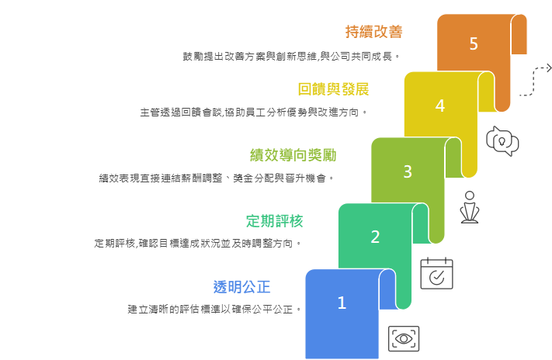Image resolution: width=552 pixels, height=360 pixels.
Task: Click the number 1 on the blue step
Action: [342, 303]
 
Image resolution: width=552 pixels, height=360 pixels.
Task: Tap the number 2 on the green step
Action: [375, 237]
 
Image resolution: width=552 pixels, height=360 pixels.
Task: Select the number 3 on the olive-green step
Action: [408, 171]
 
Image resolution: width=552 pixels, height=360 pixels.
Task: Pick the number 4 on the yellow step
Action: [440, 106]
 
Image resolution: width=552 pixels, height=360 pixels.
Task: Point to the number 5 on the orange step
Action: [474, 43]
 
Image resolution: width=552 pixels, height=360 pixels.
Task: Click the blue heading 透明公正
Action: [241, 287]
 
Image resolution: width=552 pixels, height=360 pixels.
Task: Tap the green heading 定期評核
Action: [274, 221]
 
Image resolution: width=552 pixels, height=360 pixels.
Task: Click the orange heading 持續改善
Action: [374, 32]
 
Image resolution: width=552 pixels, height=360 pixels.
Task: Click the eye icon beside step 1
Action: [404, 338]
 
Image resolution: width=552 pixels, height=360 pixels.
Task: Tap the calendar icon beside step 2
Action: [436, 273]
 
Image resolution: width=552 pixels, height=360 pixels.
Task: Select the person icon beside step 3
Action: [469, 206]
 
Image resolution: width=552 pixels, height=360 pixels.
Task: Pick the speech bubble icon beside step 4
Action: [502, 141]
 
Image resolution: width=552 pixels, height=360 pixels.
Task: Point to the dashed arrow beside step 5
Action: [534, 79]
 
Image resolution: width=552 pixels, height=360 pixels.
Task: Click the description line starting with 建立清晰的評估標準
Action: [214, 309]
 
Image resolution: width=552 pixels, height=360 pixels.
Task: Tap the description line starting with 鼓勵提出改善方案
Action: [290, 57]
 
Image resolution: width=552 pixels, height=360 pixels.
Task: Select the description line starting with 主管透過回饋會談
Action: [253, 112]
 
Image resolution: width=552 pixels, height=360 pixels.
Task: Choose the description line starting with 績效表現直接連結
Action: [216, 178]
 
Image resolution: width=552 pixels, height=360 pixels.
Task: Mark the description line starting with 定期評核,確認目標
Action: [197, 243]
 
